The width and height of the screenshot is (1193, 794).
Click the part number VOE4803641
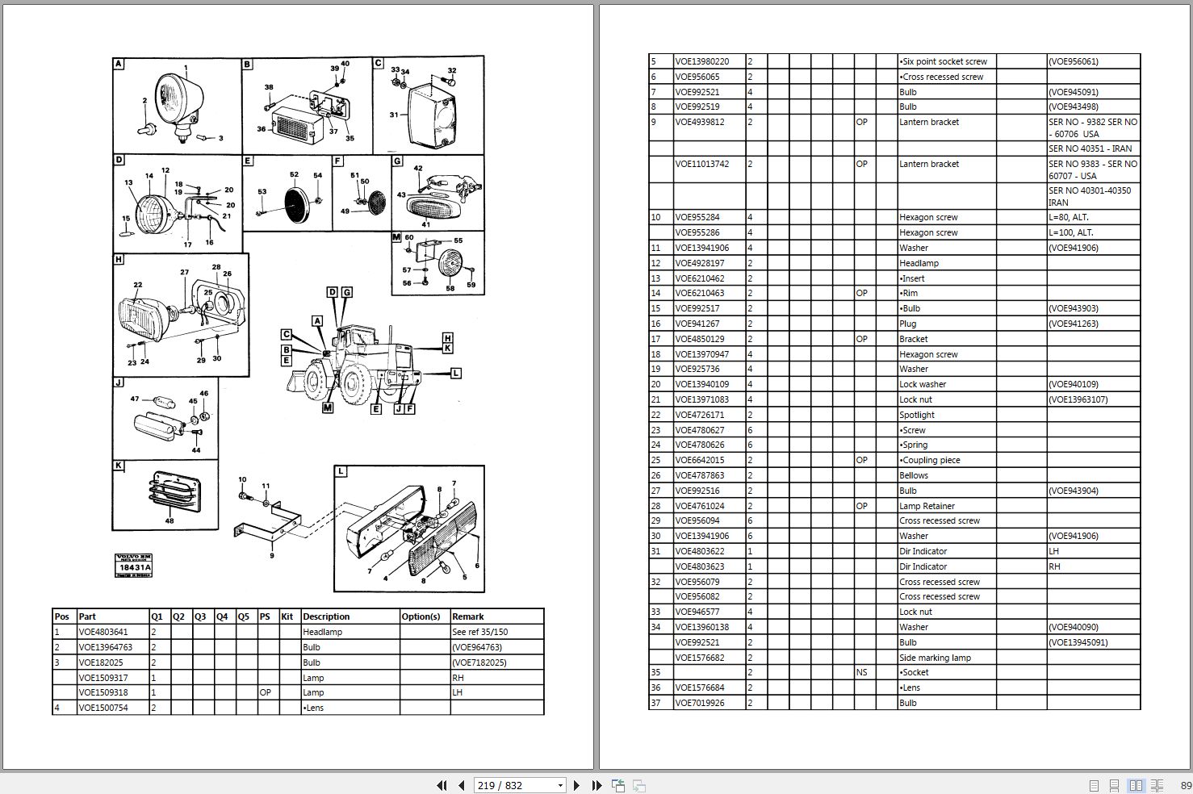[103, 632]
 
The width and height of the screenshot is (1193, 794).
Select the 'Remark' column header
[468, 616]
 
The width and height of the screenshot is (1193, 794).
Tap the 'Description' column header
[326, 616]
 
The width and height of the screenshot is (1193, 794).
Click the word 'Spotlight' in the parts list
[917, 415]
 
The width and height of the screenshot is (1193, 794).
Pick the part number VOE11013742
[701, 164]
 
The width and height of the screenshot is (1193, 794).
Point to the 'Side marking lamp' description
[935, 658]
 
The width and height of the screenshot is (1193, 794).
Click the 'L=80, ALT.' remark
[1069, 217]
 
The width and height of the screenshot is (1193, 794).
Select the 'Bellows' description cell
[914, 475]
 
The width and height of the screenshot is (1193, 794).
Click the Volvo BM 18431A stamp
[133, 564]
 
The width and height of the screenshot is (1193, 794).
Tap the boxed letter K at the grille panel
[119, 466]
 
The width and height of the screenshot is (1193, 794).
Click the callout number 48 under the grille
[170, 521]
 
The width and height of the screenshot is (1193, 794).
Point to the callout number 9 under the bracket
[272, 555]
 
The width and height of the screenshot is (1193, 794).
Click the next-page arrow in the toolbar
[576, 785]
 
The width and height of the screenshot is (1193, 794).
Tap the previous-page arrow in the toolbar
[461, 785]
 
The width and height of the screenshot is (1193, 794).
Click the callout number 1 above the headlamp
[186, 69]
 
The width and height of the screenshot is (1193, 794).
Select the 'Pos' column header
[62, 616]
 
